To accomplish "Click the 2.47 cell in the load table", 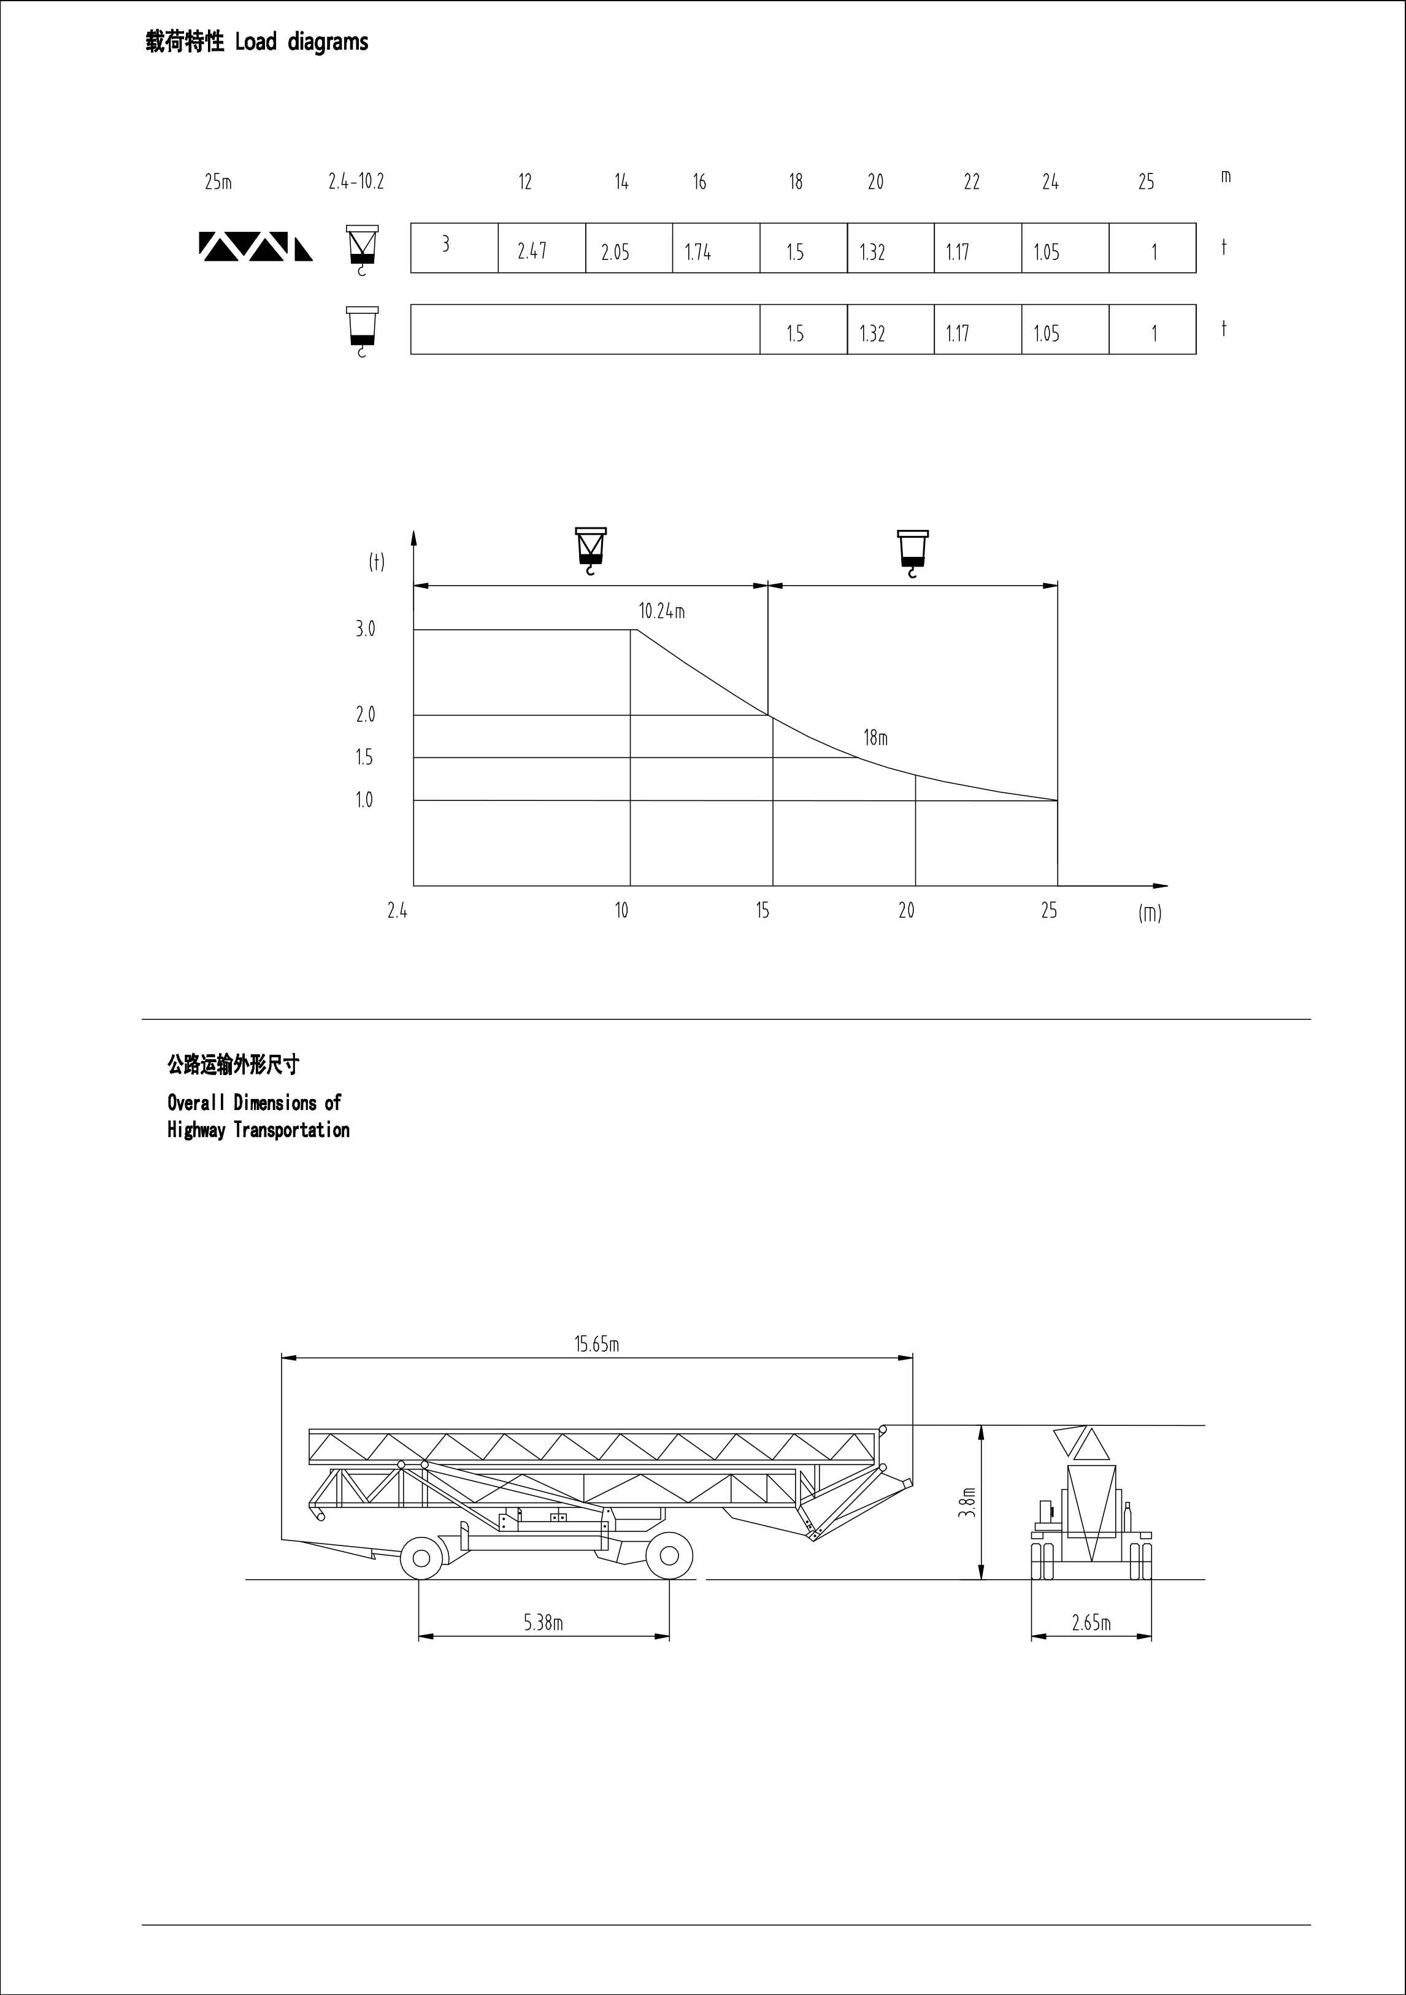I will coord(532,251).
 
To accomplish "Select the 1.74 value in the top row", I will coord(698,252).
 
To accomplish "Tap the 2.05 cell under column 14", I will coord(615,252).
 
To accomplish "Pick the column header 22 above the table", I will coord(972,182).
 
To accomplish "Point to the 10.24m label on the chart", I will coord(662,611).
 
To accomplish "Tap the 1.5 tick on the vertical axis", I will coord(364,757).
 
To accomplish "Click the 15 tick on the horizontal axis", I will coord(762,911).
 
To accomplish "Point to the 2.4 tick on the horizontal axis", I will coord(397,911).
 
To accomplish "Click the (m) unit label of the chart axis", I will coord(1150,913).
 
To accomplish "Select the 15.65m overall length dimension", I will coord(597,1344).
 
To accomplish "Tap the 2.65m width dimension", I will coord(1091,1622).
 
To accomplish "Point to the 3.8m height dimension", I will coord(968,1503).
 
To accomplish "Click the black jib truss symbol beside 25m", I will coord(255,247).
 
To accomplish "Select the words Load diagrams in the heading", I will coord(302,42).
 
